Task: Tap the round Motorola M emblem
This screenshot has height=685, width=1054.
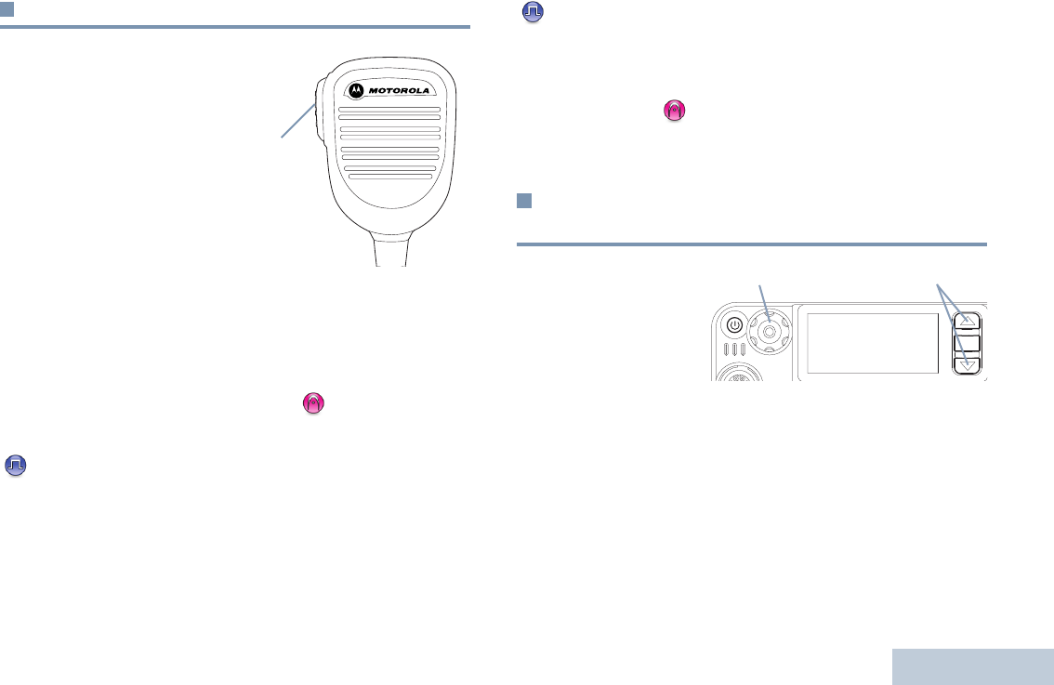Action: click(355, 90)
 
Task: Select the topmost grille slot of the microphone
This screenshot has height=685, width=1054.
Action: click(389, 110)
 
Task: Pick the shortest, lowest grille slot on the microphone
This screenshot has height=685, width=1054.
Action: click(389, 176)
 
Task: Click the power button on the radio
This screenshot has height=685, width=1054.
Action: click(734, 325)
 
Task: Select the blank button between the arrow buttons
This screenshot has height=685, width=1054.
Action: click(969, 341)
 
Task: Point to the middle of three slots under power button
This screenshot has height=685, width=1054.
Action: click(733, 351)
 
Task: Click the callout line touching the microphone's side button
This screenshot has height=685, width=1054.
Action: click(297, 122)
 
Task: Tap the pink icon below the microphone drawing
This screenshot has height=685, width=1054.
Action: click(313, 403)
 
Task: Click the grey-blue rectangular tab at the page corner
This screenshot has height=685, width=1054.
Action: click(972, 666)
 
